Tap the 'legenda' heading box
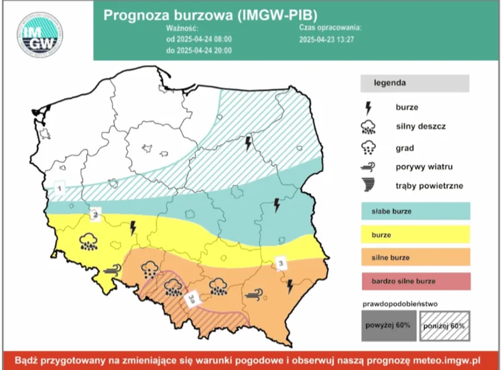[x=414, y=83]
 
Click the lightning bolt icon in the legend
[x=368, y=107]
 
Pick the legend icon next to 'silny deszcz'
[x=368, y=127]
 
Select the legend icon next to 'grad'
[x=368, y=147]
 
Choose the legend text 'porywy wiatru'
[x=421, y=167]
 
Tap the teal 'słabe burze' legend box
[x=416, y=211]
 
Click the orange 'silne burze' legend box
[x=416, y=257]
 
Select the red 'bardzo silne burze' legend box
[x=416, y=280]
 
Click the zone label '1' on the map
[x=59, y=190]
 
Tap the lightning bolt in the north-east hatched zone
[x=248, y=143]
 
